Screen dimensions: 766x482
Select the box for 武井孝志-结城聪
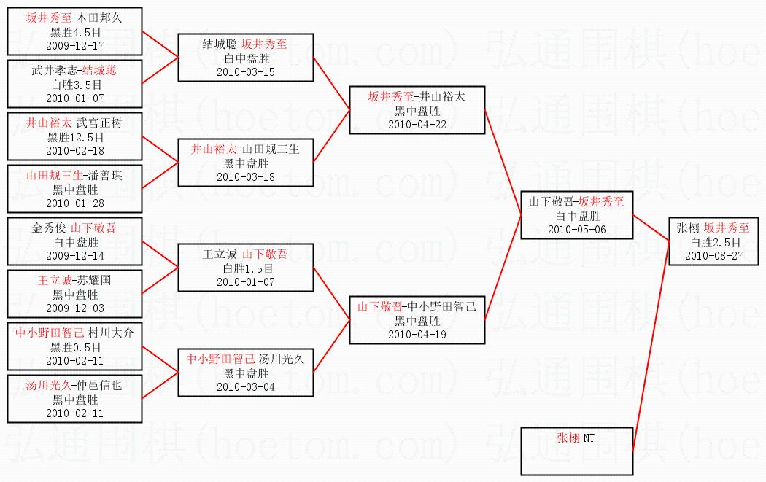click(74, 84)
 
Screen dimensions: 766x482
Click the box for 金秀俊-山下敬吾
click(74, 241)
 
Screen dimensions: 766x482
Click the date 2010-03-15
click(246, 71)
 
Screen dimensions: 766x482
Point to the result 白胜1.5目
click(246, 268)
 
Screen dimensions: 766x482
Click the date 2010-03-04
click(246, 386)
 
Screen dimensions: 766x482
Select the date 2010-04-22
click(417, 124)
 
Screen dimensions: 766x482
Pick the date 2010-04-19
click(417, 334)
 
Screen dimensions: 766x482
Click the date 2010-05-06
click(576, 229)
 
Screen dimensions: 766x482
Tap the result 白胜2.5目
click(715, 242)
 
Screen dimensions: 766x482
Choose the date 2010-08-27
click(715, 255)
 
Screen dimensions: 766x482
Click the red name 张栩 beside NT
click(567, 438)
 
